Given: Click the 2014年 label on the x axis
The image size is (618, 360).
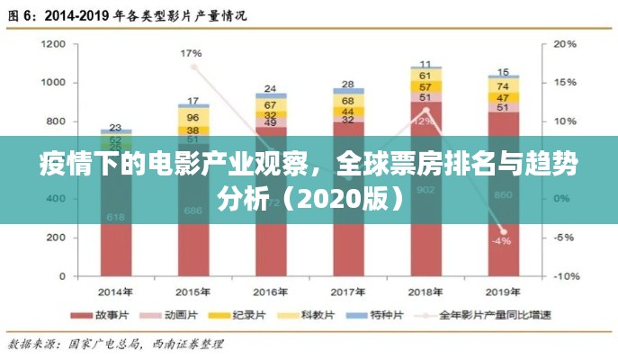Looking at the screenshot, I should pos(116,292).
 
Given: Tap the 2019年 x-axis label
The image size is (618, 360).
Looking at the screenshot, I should pos(503,292).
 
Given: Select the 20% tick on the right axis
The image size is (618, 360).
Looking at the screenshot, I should pos(564,43).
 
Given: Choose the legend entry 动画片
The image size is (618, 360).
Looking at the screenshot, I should pos(184,315).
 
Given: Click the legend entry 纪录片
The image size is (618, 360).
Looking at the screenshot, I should pos(248,315).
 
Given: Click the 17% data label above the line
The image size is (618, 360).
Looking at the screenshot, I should pos(191,53).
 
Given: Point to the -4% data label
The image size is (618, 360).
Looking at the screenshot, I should pos(501,241).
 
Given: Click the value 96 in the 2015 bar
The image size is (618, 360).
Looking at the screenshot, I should pos(193,118).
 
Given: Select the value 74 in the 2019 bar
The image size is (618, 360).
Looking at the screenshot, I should pos(503,85).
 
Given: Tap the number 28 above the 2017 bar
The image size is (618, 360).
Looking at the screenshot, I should pos(348,84).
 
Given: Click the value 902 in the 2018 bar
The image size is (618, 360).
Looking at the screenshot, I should pos(425,189).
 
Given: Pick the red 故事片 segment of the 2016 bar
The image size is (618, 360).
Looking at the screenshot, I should pos(270,243).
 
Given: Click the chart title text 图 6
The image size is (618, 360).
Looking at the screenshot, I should pos(22,15).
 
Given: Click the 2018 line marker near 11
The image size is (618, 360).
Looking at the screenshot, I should pos(426,111).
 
